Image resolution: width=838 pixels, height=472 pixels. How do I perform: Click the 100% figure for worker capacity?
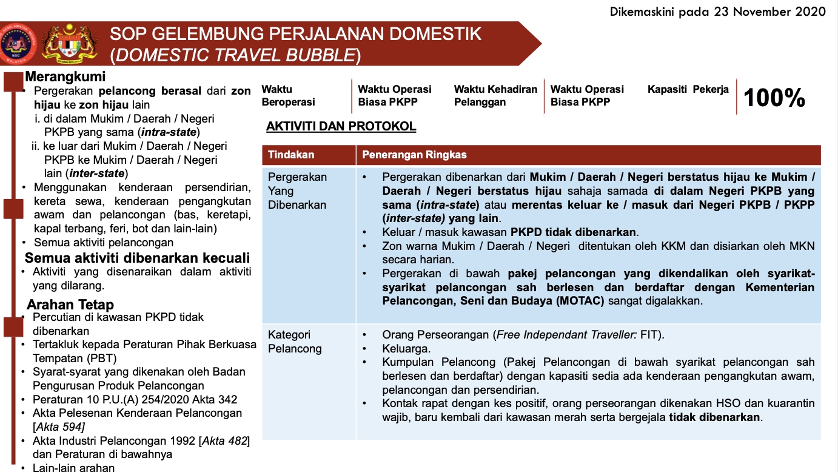coord(774,98)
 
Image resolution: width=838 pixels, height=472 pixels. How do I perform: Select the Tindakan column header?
coord(291,155)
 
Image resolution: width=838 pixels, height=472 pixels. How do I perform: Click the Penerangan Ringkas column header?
coord(414,155)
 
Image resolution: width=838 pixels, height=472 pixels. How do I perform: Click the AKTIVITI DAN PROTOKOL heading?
coord(341,127)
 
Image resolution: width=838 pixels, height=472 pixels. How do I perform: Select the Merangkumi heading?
coord(65,77)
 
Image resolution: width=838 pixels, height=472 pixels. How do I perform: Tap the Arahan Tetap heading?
coord(70,305)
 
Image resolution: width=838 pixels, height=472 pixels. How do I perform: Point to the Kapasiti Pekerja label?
coord(688,89)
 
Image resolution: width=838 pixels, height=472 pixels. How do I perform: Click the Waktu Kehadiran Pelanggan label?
coord(495,96)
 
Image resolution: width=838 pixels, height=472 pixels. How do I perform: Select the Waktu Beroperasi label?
coord(289,96)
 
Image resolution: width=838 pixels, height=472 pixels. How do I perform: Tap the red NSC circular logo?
coord(18,44)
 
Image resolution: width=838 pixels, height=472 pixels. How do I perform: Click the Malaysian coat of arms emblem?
coord(69,44)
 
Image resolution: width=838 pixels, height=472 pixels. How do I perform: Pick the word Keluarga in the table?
coord(406,348)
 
